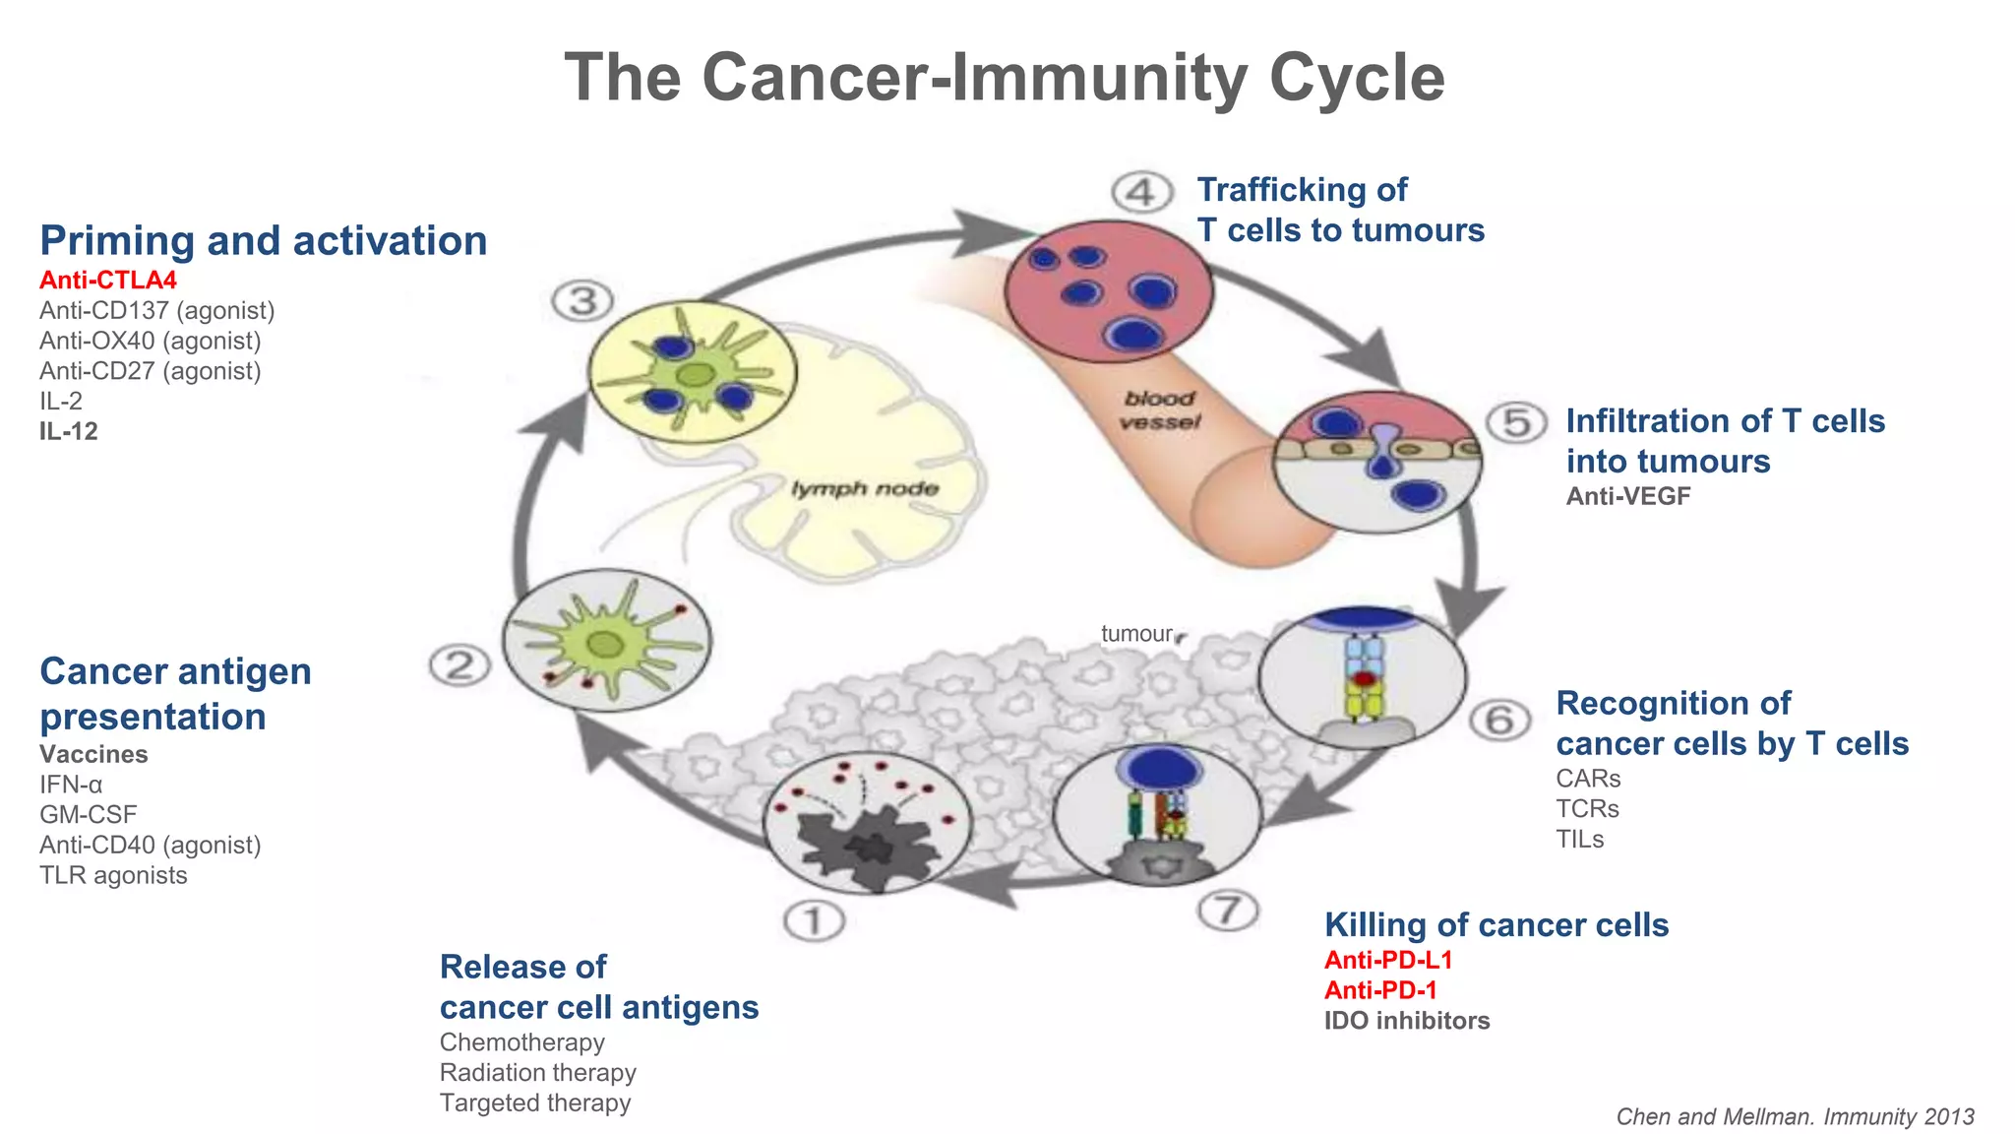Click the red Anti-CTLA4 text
[108, 281]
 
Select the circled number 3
[582, 301]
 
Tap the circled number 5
[1516, 423]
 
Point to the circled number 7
[1227, 910]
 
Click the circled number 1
[814, 922]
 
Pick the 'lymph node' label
[865, 489]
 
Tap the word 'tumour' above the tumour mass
[1136, 634]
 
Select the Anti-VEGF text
[1628, 497]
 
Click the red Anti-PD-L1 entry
[1388, 960]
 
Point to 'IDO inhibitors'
[1407, 1021]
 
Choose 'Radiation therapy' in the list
[537, 1073]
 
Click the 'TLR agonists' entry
[113, 876]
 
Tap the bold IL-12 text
[69, 431]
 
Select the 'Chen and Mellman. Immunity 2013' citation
[1795, 1117]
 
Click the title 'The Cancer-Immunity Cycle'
[1005, 77]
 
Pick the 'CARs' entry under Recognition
[1588, 779]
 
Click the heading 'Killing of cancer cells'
[1496, 925]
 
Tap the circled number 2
[459, 666]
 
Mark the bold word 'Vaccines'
[93, 755]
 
